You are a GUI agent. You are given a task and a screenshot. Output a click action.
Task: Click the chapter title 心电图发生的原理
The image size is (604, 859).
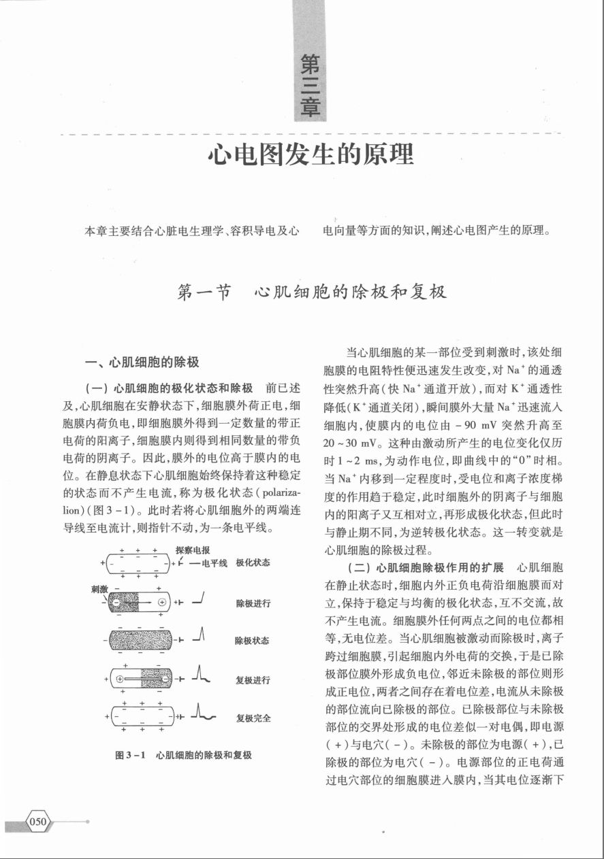(311, 155)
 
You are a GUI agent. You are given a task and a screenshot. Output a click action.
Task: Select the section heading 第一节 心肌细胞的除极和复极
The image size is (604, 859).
(311, 292)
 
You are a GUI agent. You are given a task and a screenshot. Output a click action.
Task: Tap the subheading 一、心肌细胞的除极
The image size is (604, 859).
(140, 361)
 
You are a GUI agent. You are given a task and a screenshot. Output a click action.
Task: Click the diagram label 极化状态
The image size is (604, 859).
(253, 562)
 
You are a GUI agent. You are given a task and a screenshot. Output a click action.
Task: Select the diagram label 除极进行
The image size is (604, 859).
(253, 603)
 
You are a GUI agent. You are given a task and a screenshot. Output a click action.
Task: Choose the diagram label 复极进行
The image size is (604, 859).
(253, 679)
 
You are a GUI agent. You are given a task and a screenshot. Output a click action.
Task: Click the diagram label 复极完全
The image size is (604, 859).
(253, 718)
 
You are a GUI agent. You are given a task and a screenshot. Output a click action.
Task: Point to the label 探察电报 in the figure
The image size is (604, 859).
(193, 550)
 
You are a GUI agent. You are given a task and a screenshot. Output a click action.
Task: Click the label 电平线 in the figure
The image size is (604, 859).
(212, 563)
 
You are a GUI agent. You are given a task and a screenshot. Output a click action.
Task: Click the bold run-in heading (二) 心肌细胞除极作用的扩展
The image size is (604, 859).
(426, 567)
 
